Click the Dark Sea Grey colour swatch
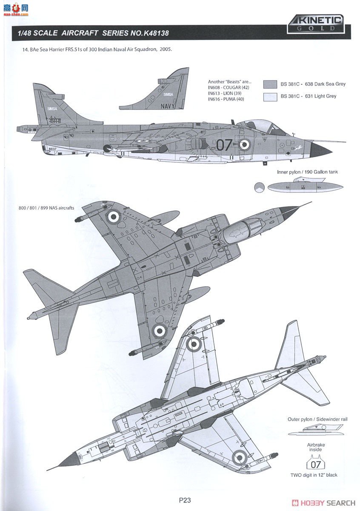click(270, 84)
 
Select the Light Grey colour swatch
click(270, 96)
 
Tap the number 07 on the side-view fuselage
click(224, 145)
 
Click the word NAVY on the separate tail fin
click(168, 106)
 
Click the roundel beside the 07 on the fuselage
click(244, 144)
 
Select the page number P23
click(185, 501)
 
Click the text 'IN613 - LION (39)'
click(225, 93)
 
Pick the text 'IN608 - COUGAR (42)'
click(229, 87)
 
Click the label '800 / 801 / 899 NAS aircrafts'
click(46, 208)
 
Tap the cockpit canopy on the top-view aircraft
click(246, 227)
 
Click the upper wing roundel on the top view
click(114, 216)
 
